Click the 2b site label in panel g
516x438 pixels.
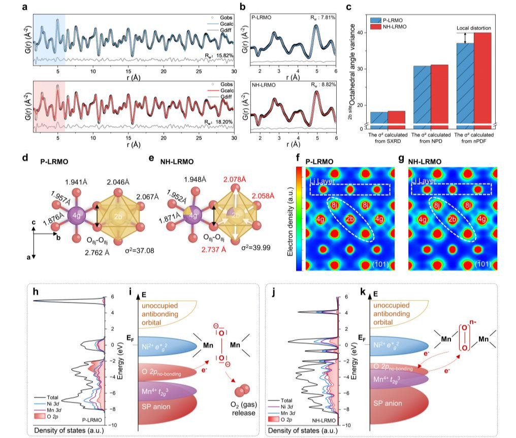point(451,219)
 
